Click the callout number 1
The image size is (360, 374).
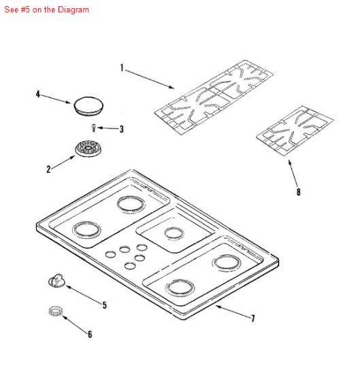pyautogui.click(x=122, y=68)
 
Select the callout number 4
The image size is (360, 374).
pyautogui.click(x=37, y=94)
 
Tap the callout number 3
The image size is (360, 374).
pyautogui.click(x=122, y=129)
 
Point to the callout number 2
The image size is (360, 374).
pyautogui.click(x=48, y=169)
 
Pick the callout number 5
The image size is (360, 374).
pyautogui.click(x=105, y=305)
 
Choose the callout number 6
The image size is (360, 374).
pyautogui.click(x=90, y=334)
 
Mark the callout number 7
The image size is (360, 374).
pyautogui.click(x=252, y=318)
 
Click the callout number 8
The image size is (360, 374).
pyautogui.click(x=298, y=192)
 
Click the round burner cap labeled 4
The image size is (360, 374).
pyautogui.click(x=88, y=106)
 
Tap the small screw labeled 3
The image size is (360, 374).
pyautogui.click(x=94, y=128)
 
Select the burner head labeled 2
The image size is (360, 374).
pyautogui.click(x=88, y=149)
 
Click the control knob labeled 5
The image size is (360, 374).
pyautogui.click(x=56, y=280)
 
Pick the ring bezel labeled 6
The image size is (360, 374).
pyautogui.click(x=55, y=311)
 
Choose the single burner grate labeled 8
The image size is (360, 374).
pyautogui.click(x=295, y=131)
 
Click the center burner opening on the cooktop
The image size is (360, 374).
pyautogui.click(x=174, y=233)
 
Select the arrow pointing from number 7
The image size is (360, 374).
pyautogui.click(x=233, y=311)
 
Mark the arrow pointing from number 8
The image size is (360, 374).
pyautogui.click(x=293, y=173)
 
